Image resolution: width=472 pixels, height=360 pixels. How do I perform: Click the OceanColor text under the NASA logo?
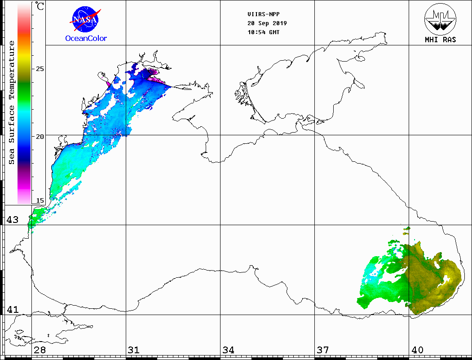(x=86, y=38)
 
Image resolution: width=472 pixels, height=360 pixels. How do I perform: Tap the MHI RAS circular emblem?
(x=440, y=18)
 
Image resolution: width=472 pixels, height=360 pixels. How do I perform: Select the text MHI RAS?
(x=440, y=40)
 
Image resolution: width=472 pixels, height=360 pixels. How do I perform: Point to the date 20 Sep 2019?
(x=267, y=23)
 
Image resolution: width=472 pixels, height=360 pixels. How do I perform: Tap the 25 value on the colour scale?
(x=40, y=69)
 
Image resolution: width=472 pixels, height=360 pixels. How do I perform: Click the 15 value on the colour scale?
(x=40, y=200)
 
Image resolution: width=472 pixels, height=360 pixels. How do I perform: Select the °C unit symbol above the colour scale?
(x=40, y=6)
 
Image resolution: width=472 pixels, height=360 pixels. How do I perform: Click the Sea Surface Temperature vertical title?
(x=12, y=102)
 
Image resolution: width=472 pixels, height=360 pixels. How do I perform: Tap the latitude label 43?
(x=12, y=220)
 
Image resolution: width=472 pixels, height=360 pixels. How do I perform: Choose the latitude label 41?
(x=12, y=310)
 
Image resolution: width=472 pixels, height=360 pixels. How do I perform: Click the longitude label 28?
(x=40, y=350)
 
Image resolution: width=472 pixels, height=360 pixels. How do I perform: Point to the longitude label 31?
(x=134, y=350)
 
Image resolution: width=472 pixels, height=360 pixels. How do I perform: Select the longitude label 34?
(x=228, y=350)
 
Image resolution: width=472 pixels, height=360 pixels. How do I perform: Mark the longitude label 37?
(x=322, y=350)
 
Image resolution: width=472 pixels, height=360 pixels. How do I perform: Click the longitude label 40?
(x=417, y=350)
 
